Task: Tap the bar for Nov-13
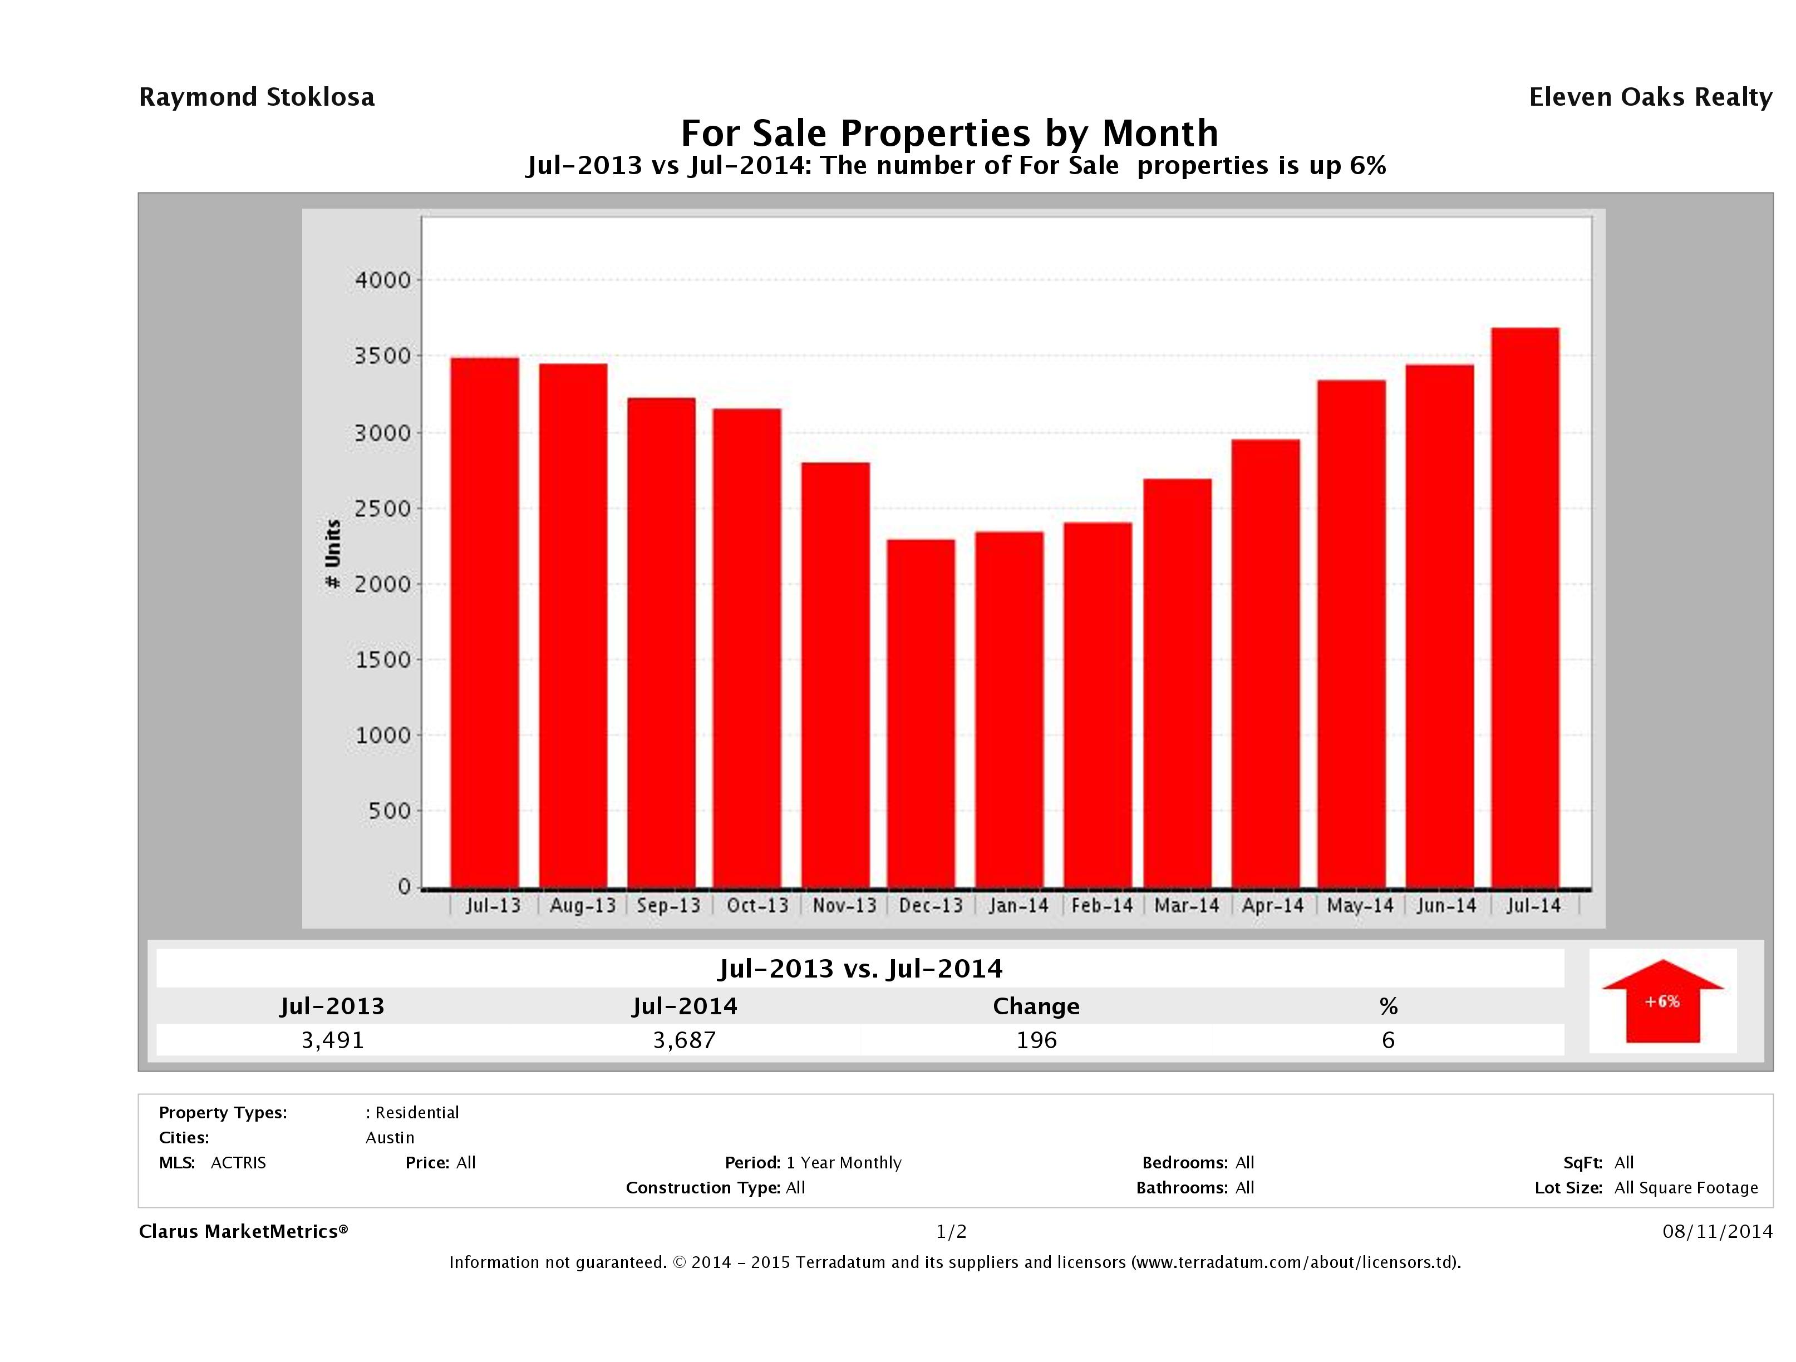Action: click(835, 674)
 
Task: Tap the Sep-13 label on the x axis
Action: click(668, 906)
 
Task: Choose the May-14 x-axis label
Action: click(1360, 906)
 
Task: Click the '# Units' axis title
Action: click(333, 554)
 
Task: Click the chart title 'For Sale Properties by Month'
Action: click(949, 132)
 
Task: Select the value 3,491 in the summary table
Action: click(332, 1040)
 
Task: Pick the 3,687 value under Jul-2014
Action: click(685, 1040)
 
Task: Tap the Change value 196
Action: click(1036, 1040)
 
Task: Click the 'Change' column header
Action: click(1036, 1006)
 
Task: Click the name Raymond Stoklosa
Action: click(257, 97)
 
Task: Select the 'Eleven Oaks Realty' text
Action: click(1650, 97)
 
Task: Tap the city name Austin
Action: click(390, 1138)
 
